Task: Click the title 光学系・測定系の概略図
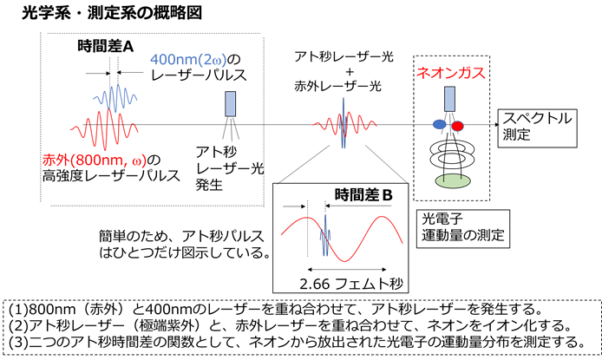[x=112, y=13]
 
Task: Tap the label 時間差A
[x=106, y=47]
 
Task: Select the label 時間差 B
[x=363, y=195]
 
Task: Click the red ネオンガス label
[x=451, y=73]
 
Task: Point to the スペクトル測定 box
[x=538, y=128]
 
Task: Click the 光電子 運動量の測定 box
[x=463, y=229]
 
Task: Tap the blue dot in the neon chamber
[x=440, y=124]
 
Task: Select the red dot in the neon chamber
[x=457, y=126]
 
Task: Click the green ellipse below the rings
[x=453, y=180]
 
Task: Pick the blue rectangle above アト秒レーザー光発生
[x=231, y=103]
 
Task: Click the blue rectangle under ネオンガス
[x=449, y=99]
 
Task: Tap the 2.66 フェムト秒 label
[x=351, y=284]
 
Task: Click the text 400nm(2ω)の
[x=195, y=60]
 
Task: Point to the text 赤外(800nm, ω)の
[x=101, y=160]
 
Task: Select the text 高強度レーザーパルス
[x=111, y=176]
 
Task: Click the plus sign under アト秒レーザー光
[x=350, y=72]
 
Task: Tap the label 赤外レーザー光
[x=337, y=87]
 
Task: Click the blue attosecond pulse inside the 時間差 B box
[x=325, y=235]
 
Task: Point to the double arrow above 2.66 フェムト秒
[x=347, y=270]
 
